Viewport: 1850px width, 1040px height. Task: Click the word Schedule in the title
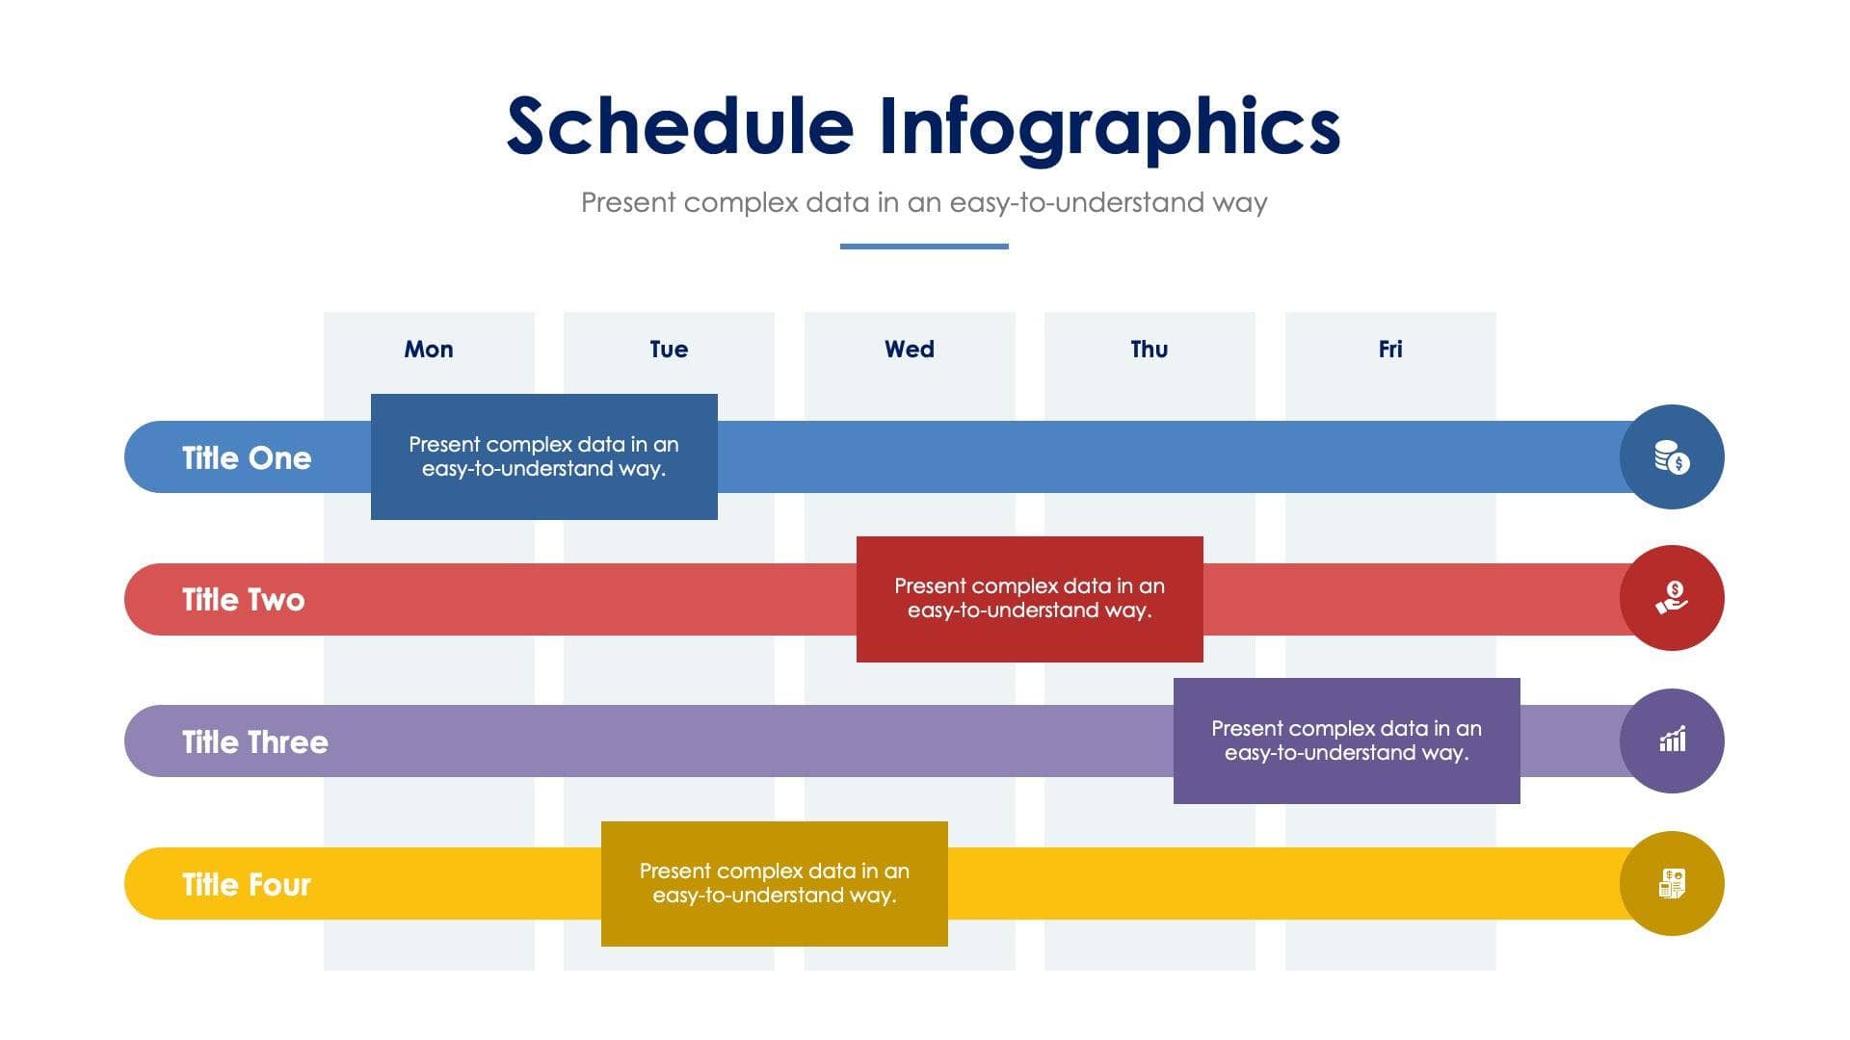click(x=679, y=127)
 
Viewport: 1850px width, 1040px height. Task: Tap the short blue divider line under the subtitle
click(x=924, y=247)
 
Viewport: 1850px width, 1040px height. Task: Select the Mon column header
click(x=429, y=350)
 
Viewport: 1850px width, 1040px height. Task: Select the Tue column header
click(x=669, y=350)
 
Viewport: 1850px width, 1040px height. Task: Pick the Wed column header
click(x=910, y=350)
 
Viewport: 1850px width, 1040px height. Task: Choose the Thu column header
click(x=1150, y=350)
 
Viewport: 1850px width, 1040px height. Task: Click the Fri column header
click(x=1390, y=350)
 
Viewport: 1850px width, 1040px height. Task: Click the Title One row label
click(x=247, y=458)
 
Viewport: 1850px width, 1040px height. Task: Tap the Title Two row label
click(x=244, y=600)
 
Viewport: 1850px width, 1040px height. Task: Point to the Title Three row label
click(x=255, y=742)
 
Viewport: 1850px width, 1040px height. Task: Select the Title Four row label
click(x=247, y=885)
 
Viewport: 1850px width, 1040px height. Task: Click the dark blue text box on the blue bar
click(x=544, y=456)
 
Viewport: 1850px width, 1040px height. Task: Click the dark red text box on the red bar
click(x=1029, y=599)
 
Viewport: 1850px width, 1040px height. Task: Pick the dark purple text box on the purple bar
click(x=1346, y=741)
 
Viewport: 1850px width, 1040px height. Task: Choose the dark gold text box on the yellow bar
click(x=774, y=883)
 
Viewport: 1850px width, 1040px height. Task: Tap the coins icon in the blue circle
click(x=1672, y=457)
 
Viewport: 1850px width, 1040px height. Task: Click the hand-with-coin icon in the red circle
click(x=1672, y=598)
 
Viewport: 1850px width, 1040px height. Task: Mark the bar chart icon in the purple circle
click(x=1672, y=741)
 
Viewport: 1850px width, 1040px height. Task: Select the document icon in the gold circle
click(x=1672, y=883)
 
